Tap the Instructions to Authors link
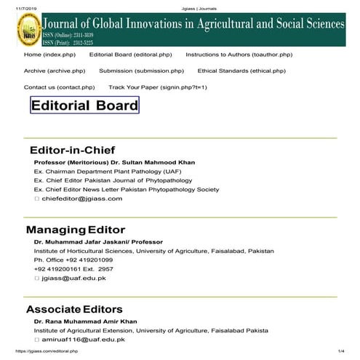pyautogui.click(x=239, y=55)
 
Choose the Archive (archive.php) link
pyautogui.click(x=55, y=71)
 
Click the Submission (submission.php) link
pyautogui.click(x=141, y=71)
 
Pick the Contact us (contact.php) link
pyautogui.click(x=59, y=87)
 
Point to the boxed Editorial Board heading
pyautogui.click(x=84, y=105)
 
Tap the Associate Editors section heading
pyautogui.click(x=74, y=309)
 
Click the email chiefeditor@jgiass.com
pyautogui.click(x=81, y=199)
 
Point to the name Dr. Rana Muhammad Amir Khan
pyautogui.click(x=84, y=321)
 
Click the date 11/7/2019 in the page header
pyautogui.click(x=13, y=5)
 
